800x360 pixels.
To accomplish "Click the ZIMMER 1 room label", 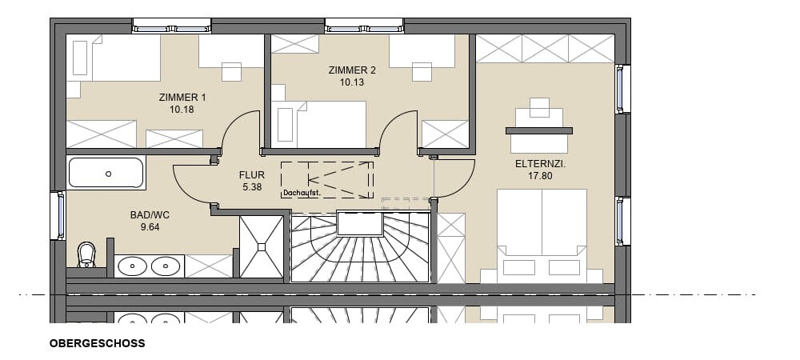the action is (182, 98).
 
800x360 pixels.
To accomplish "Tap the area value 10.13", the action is (352, 82).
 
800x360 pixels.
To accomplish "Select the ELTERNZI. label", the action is (541, 165).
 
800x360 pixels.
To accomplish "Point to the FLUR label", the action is (252, 175).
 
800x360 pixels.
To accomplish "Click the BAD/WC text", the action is (150, 215).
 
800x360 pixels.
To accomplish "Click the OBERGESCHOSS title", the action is (98, 343).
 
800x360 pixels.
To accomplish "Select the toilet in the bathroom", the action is (86, 254).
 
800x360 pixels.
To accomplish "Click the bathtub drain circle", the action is (108, 174).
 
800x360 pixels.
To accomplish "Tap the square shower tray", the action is (262, 246).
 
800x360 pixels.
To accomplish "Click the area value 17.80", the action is (541, 177).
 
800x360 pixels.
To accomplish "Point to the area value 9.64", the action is (150, 227).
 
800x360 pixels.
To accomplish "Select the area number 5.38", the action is (252, 187).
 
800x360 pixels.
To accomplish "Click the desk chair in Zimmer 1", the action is (232, 72).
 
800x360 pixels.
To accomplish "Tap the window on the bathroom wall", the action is (59, 215).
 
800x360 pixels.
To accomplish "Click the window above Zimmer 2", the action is (364, 26).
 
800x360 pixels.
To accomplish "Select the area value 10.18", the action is (182, 109).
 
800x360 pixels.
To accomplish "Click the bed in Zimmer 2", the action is (319, 125).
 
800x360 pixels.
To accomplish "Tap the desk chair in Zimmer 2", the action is (422, 72).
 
